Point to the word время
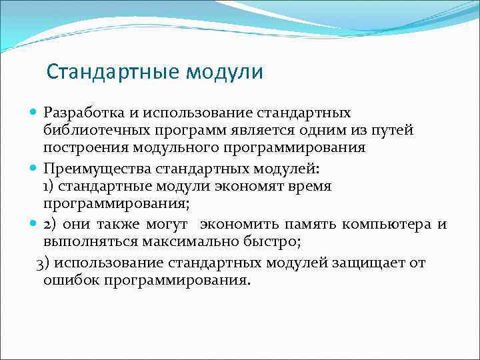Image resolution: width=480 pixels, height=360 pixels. pos(313,187)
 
